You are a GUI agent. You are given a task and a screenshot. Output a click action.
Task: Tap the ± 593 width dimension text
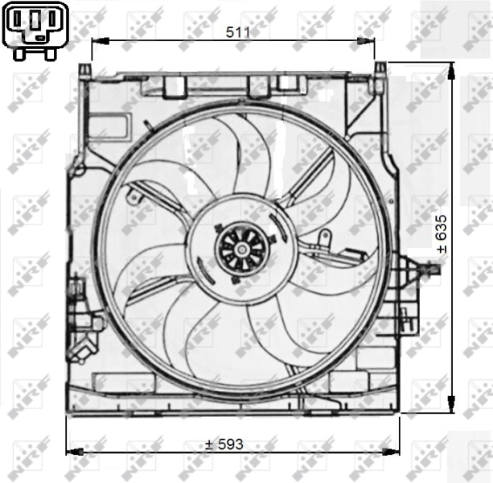[x=224, y=444]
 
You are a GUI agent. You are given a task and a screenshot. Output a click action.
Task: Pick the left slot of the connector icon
[x=18, y=22]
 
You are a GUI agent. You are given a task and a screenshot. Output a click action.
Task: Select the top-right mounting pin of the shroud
[x=377, y=73]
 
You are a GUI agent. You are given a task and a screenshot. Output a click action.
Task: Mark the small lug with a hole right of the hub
[x=324, y=237]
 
